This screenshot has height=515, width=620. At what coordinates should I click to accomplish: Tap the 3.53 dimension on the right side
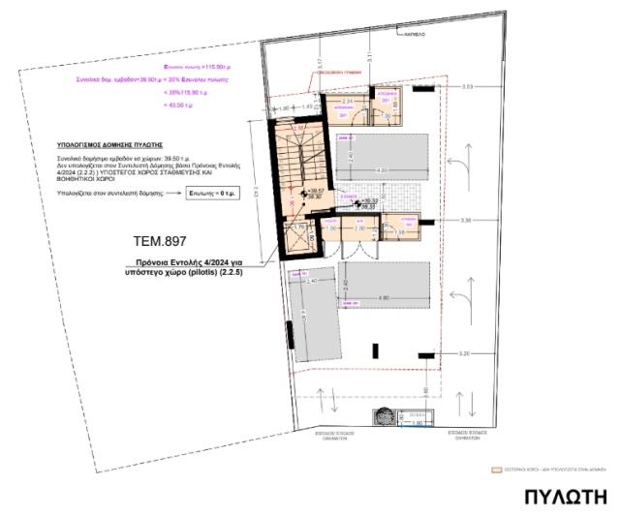coord(467,87)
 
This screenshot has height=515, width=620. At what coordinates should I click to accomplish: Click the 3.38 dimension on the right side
coord(466,221)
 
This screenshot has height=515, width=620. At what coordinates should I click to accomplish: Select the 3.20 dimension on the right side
coord(466,353)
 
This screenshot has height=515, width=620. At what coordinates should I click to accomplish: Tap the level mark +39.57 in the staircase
coord(314,192)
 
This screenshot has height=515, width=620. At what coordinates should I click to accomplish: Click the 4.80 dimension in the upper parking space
coord(383,170)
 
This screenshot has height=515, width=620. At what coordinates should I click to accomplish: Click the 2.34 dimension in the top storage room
coord(347,100)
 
